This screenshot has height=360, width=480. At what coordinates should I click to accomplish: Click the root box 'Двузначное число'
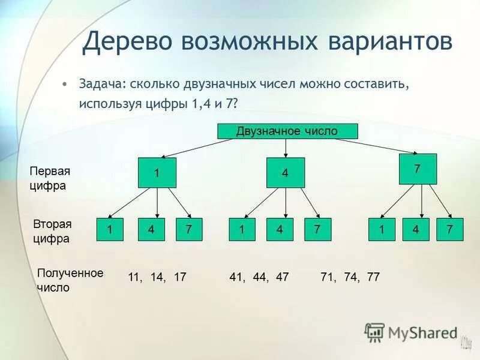(287, 131)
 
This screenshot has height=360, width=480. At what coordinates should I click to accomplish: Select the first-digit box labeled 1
(157, 173)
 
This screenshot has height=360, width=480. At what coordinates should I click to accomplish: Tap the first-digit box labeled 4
(286, 173)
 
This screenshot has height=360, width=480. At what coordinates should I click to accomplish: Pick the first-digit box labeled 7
(418, 169)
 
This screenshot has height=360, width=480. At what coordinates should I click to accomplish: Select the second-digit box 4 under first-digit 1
(151, 230)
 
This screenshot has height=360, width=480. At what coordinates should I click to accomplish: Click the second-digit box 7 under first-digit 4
(317, 230)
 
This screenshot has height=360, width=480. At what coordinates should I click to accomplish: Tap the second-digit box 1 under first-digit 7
(382, 230)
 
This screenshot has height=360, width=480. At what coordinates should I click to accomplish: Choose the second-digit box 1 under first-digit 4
(242, 230)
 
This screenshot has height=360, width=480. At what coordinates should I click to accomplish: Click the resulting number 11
(134, 277)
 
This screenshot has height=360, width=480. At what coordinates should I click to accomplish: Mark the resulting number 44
(259, 277)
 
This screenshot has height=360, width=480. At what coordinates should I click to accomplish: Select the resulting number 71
(328, 277)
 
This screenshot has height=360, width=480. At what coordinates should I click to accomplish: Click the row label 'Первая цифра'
(50, 178)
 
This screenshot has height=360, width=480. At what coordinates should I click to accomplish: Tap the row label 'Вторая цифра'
(52, 231)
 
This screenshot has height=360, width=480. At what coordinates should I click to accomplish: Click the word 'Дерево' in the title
(127, 41)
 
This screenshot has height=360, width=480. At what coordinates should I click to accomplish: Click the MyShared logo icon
(375, 332)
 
